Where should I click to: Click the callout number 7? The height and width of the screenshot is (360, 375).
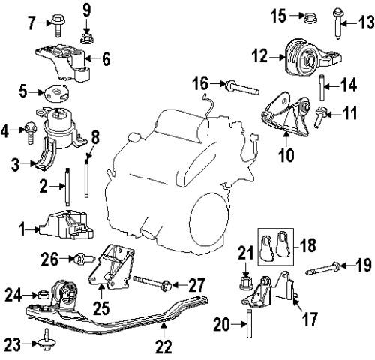tap(32, 22)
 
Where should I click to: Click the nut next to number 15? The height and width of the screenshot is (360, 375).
tap(308, 17)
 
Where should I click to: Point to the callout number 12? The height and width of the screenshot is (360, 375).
tap(259, 56)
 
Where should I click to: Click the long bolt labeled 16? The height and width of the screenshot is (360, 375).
tap(241, 87)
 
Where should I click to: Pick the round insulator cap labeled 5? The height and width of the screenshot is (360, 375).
tap(56, 93)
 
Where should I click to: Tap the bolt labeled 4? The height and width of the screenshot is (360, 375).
tap(31, 133)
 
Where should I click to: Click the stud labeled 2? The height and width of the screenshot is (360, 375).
tap(67, 187)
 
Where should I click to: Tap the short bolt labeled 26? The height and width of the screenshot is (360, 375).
tap(84, 258)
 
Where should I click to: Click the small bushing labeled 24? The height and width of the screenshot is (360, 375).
tap(43, 295)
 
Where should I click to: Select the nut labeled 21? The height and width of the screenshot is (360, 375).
tap(246, 282)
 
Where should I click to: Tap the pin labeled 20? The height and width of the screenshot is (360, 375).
tap(249, 323)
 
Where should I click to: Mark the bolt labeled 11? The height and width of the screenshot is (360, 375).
tap(319, 116)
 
